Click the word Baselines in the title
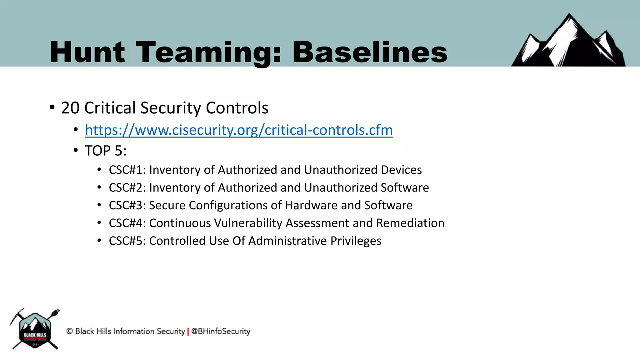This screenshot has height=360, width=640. (370, 52)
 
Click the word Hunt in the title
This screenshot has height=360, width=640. (87, 52)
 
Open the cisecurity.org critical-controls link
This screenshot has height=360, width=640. (239, 130)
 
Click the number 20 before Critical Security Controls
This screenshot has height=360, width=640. (70, 108)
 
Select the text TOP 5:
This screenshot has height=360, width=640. (106, 151)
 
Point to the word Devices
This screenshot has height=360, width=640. (401, 170)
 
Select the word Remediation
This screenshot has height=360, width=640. (410, 223)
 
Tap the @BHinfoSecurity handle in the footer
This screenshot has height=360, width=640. (221, 331)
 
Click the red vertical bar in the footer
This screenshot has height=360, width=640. (188, 332)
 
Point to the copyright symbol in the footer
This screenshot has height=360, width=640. (69, 331)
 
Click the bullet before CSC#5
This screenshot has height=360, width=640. (99, 241)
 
